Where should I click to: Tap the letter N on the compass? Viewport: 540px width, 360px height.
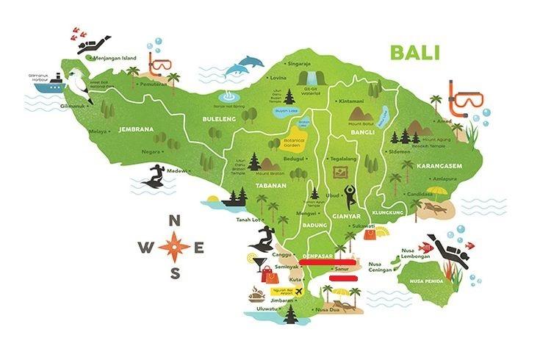[174, 220]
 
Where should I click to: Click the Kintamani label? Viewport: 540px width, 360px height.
[352, 99]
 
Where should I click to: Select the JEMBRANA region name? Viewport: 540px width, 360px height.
[135, 129]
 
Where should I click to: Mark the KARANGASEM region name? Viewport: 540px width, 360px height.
[439, 166]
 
